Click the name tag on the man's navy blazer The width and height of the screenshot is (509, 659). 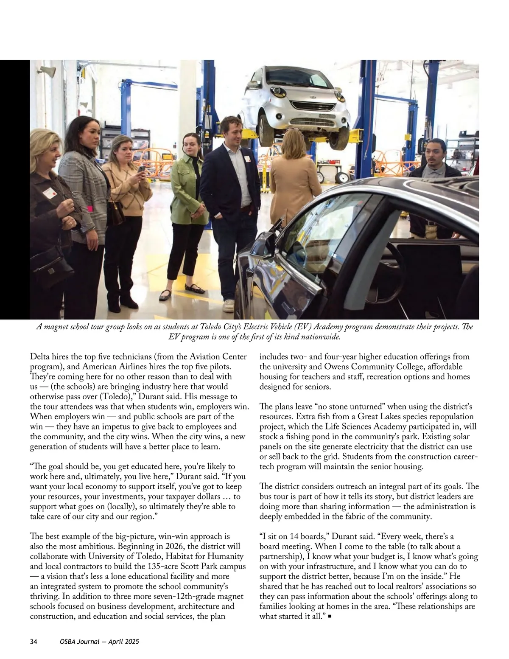point(247,158)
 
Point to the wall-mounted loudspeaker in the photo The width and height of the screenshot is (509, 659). point(48,72)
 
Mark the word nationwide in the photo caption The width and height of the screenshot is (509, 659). point(318,337)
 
